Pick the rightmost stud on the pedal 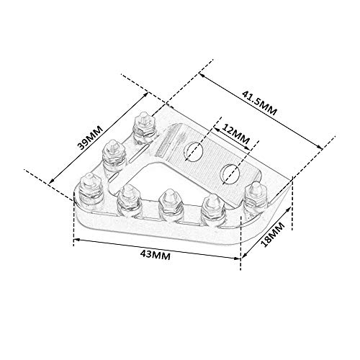tap(253, 194)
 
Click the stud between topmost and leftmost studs tap(112, 152)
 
